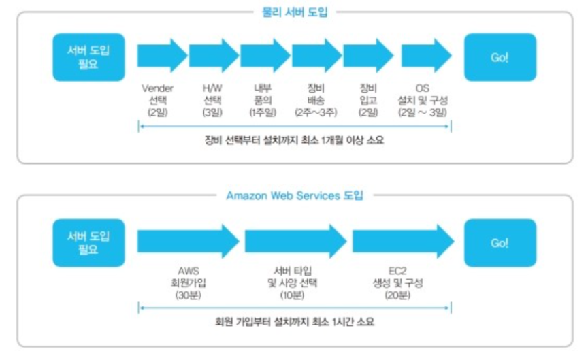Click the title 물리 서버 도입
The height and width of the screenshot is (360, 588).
[295, 12]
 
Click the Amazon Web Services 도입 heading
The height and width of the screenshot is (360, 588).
[295, 195]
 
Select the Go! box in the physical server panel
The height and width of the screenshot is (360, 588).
[500, 57]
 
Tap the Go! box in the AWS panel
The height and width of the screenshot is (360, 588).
[500, 243]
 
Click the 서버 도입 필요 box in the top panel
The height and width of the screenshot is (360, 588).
[89, 57]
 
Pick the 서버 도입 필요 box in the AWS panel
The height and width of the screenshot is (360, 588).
[89, 243]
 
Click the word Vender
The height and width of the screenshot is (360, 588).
[157, 88]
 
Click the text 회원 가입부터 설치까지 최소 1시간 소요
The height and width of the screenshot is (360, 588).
[295, 322]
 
